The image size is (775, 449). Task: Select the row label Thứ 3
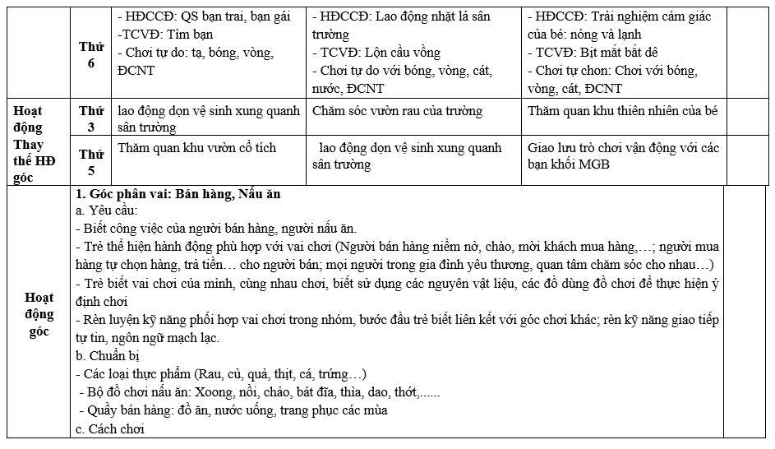(91, 118)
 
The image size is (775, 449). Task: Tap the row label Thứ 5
(91, 162)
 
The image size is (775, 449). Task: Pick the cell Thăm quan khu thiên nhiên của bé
(623, 111)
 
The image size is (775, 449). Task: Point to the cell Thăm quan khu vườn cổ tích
(197, 148)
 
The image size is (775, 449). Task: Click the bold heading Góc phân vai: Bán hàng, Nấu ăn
(178, 194)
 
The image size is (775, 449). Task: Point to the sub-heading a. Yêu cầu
(107, 211)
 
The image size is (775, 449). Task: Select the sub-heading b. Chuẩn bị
(108, 355)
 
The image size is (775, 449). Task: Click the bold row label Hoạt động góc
(39, 314)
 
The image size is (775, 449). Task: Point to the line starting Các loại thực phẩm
(220, 373)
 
